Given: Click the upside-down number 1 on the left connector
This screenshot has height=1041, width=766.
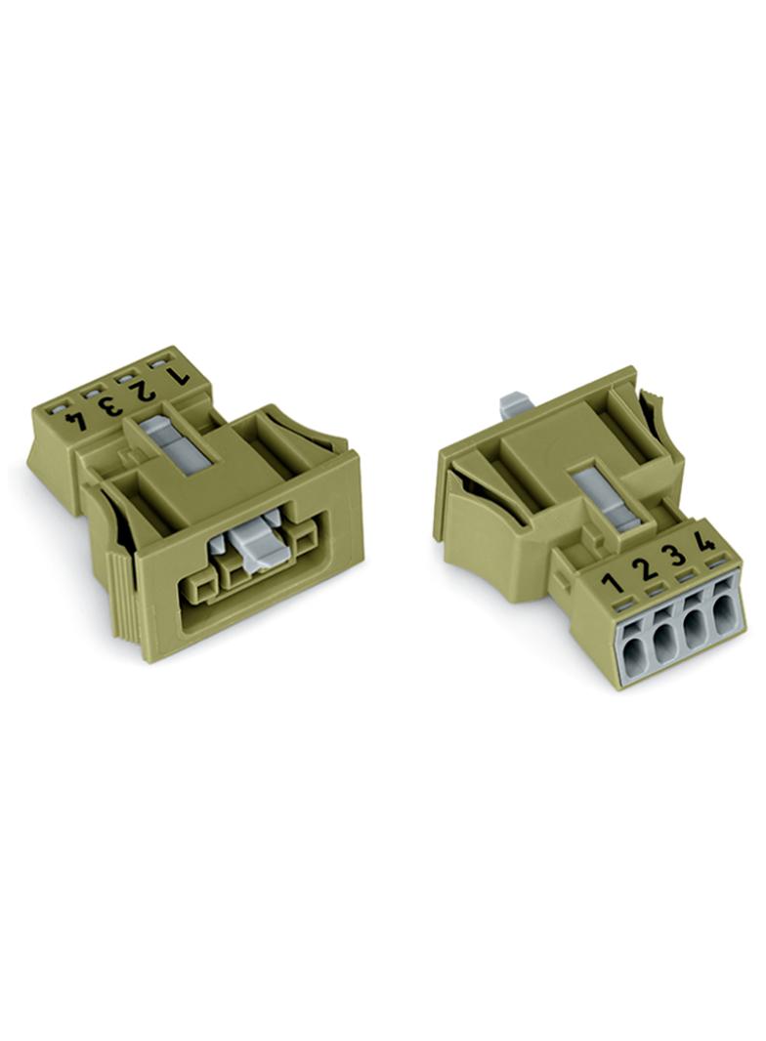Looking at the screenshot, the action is coord(178,375).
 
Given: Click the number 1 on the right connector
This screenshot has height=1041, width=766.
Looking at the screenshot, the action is coord(612,583).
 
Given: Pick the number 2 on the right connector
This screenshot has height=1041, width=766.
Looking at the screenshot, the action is coord(643,567).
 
